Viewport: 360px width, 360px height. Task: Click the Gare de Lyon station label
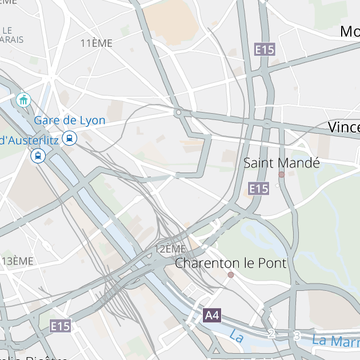70,121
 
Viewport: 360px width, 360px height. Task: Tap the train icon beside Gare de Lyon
70,138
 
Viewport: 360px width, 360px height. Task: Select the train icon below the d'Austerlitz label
38,155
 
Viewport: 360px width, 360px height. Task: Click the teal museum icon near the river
23,101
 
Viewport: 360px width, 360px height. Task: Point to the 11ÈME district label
97,43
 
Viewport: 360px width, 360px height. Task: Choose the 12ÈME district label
170,249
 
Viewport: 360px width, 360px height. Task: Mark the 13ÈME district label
18,261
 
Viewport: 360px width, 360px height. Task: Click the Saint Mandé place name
281,163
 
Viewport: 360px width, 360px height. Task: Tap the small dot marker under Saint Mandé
281,175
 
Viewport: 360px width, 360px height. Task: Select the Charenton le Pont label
230,263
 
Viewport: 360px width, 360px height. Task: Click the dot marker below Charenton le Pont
231,275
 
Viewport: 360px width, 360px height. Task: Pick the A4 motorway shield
212,315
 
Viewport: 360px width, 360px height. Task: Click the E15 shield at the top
265,50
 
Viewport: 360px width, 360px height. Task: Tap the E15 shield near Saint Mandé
259,189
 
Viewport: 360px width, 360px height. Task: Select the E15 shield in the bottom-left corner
60,326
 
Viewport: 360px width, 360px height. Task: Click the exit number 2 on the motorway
272,334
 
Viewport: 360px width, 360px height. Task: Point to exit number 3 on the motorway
296,335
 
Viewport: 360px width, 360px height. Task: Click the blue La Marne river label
336,341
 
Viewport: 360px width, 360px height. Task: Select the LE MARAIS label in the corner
12,35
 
